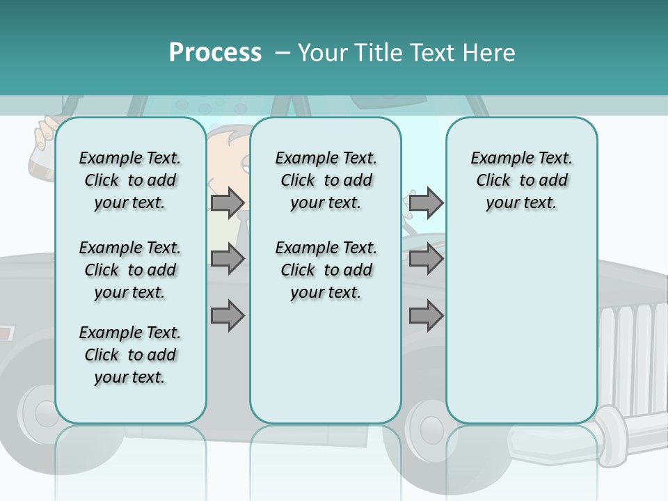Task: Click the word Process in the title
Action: click(x=215, y=52)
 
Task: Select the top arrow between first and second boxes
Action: click(x=227, y=202)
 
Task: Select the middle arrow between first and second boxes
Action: click(x=227, y=260)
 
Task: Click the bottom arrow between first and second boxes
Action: click(x=227, y=315)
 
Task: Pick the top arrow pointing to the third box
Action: click(x=425, y=202)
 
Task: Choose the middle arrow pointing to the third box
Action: click(x=425, y=260)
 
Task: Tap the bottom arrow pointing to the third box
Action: click(x=425, y=315)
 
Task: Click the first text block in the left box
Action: click(x=130, y=180)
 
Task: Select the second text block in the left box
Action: click(x=130, y=270)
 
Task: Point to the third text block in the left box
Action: click(x=130, y=355)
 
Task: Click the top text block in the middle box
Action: click(x=326, y=180)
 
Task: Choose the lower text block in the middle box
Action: click(x=326, y=270)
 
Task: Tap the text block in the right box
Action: click(x=522, y=180)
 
